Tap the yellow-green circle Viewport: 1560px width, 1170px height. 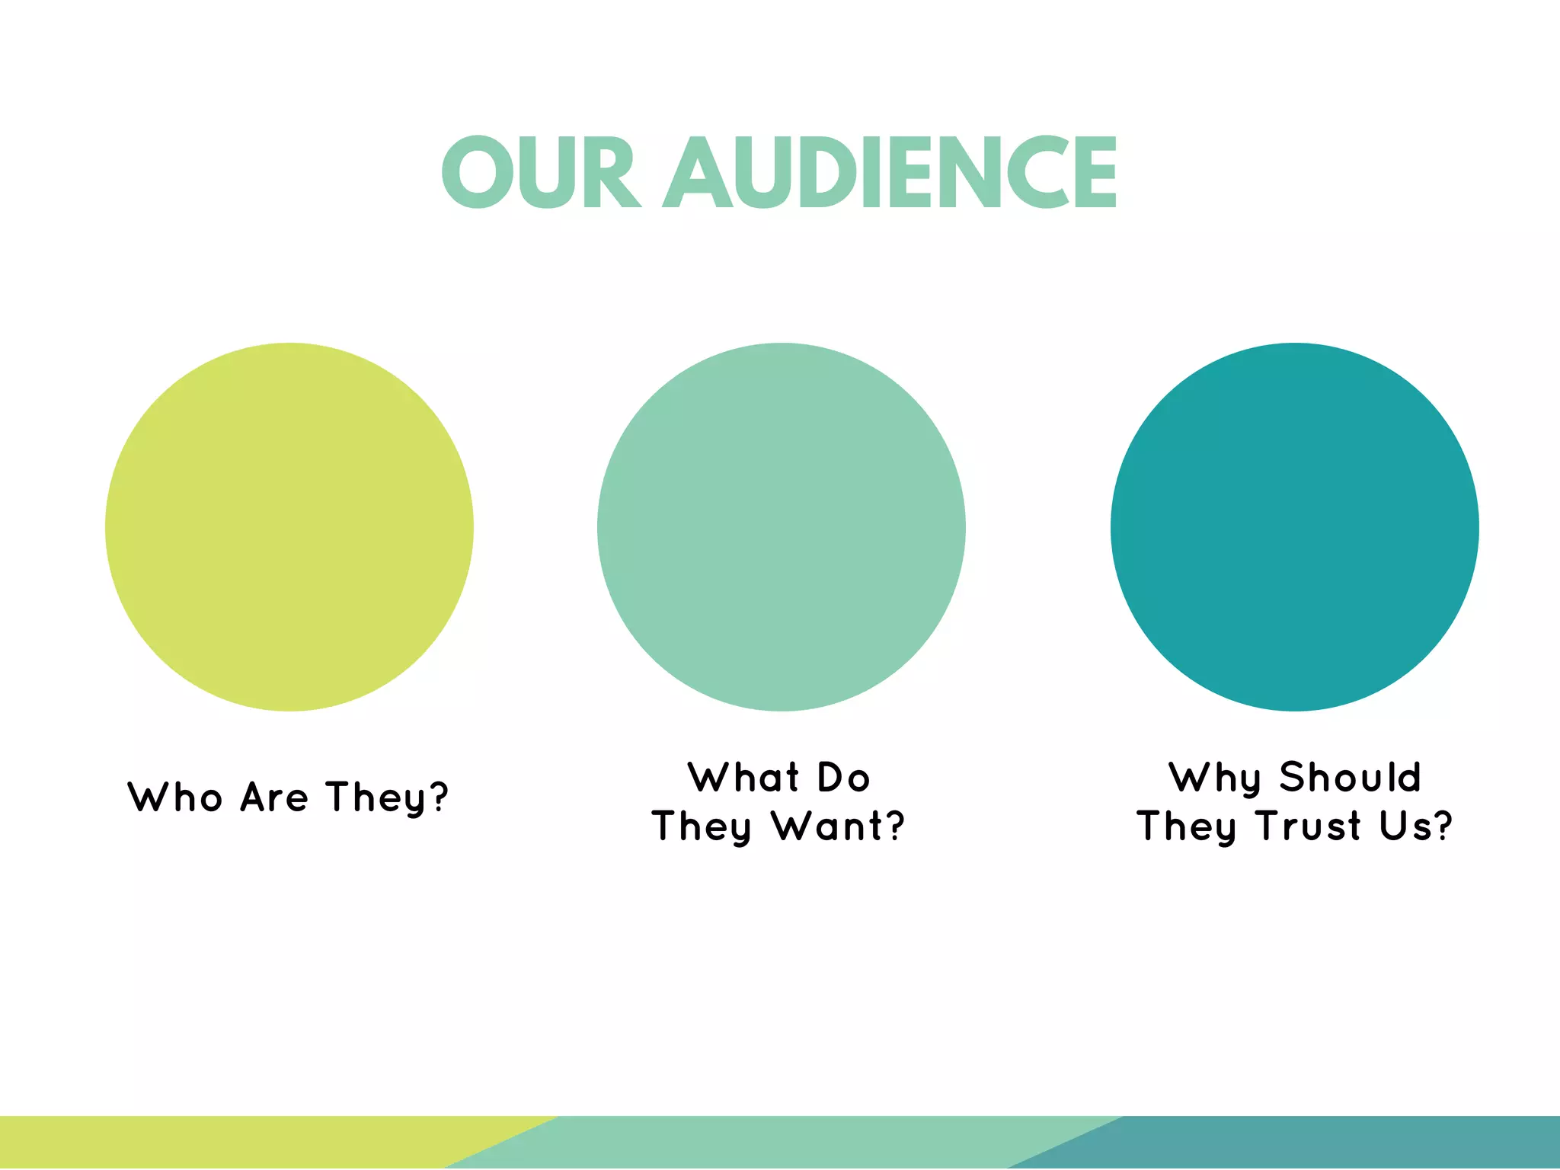(x=289, y=527)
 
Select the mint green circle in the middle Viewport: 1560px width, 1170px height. (x=782, y=527)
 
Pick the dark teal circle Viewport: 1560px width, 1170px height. (x=1295, y=527)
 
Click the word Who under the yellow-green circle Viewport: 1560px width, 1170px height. (x=175, y=798)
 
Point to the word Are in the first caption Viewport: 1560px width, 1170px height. (x=274, y=798)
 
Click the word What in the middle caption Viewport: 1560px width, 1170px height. (x=743, y=778)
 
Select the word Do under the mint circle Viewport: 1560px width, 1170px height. (x=843, y=778)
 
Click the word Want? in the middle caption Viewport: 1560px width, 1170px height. (x=838, y=826)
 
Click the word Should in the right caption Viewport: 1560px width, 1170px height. (x=1351, y=778)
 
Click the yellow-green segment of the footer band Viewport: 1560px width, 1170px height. (x=229, y=1143)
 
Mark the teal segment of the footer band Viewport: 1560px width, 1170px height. (x=1333, y=1143)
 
